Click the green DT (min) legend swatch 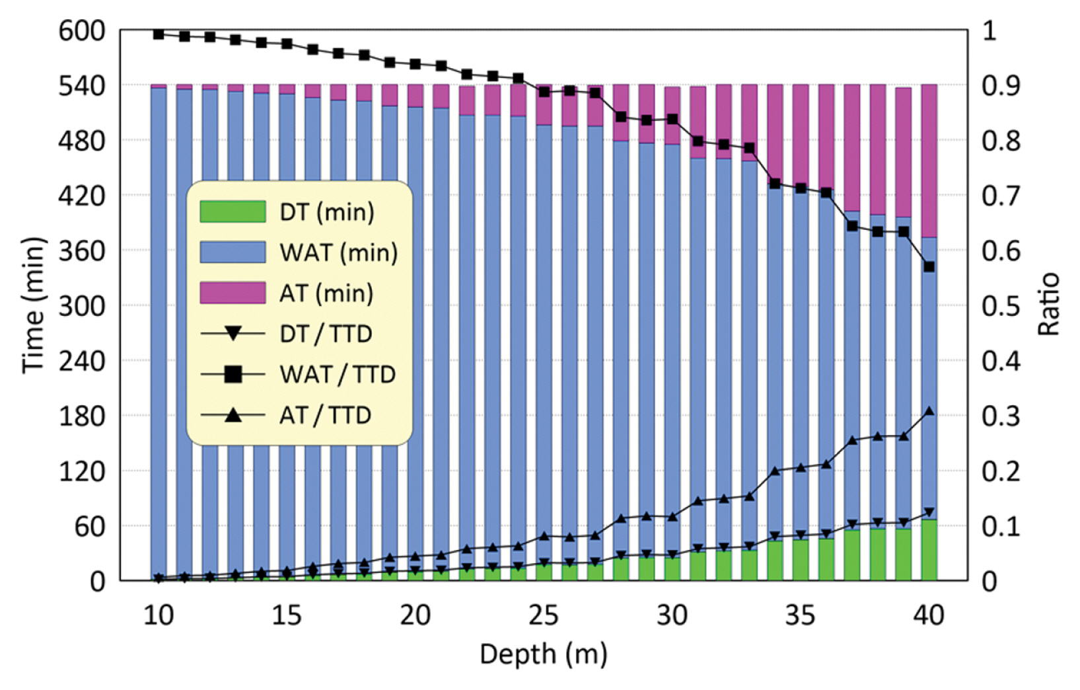[233, 211]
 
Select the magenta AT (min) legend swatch [233, 293]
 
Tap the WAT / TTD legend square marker [233, 375]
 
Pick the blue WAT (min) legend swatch [233, 252]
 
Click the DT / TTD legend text [326, 334]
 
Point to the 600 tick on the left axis [82, 30]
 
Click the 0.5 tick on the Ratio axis [1001, 306]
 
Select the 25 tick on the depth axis [543, 615]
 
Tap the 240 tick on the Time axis [82, 362]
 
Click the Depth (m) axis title [543, 654]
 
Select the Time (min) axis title [34, 305]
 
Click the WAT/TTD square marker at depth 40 [929, 267]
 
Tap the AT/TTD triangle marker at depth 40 [929, 411]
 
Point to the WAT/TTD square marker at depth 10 [159, 34]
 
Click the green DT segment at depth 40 [929, 551]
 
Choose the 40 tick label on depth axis [929, 615]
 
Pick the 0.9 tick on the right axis [1001, 86]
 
